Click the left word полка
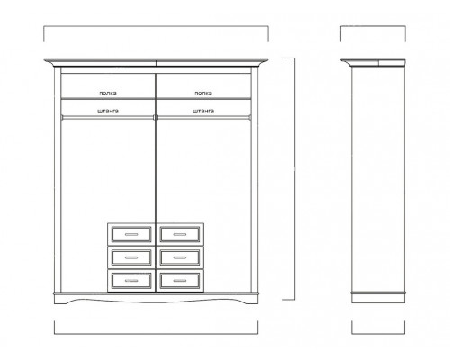[x=108, y=94]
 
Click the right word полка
[x=203, y=94]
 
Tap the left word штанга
[x=108, y=111]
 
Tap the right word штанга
[x=203, y=111]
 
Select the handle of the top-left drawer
[x=131, y=234]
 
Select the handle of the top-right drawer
[x=180, y=234]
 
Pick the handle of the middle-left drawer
[x=131, y=257]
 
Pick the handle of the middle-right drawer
[x=180, y=257]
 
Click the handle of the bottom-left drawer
[x=131, y=281]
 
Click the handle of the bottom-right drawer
[x=180, y=281]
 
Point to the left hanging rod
[x=107, y=117]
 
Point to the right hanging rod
[x=204, y=117]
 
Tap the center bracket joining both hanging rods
[x=156, y=117]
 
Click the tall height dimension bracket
[x=294, y=179]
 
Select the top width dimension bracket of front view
[x=156, y=26]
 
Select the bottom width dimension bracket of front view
[x=156, y=333]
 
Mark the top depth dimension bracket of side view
[x=373, y=26]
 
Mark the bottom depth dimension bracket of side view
[x=378, y=333]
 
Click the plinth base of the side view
[x=378, y=298]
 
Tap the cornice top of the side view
[x=373, y=62]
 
